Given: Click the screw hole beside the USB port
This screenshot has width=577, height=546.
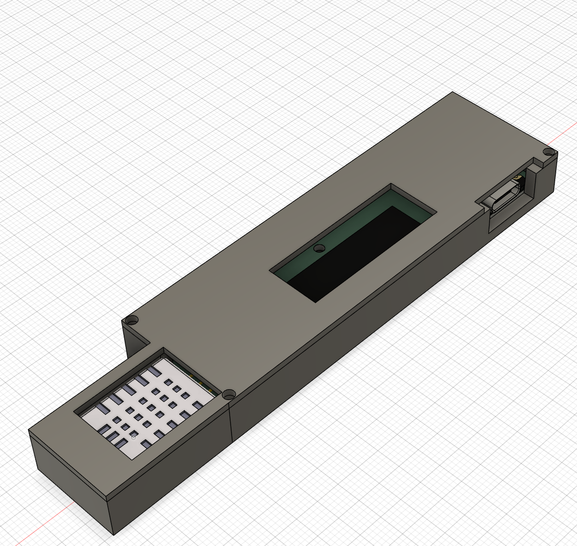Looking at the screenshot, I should (548, 151).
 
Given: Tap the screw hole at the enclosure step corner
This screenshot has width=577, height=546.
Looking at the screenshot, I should (131, 320).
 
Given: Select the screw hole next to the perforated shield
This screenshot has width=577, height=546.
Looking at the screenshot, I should (229, 394).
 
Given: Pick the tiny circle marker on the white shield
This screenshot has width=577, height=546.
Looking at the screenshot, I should (134, 437).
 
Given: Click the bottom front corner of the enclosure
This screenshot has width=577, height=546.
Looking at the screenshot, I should (113, 535).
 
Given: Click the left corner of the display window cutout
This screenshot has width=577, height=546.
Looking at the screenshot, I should (270, 270).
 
